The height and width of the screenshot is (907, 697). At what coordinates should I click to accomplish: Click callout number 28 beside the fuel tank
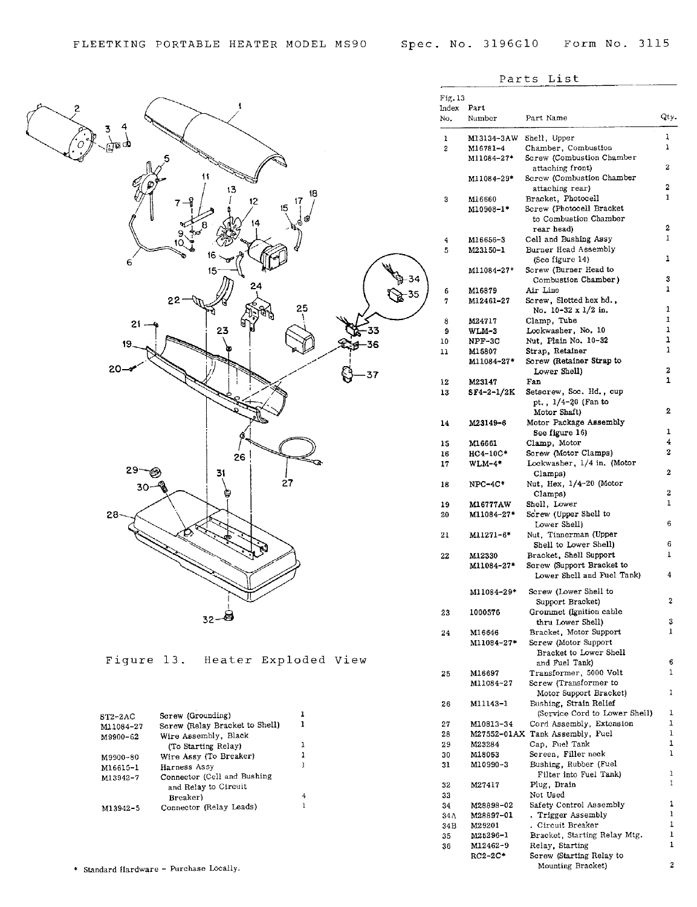click(112, 515)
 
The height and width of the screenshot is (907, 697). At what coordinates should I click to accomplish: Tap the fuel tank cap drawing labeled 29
click(155, 472)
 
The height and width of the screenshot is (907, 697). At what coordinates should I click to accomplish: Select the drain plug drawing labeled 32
click(228, 615)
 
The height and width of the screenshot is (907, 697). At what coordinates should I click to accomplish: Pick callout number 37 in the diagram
click(372, 375)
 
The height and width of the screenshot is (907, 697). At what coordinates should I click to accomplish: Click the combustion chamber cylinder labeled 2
click(60, 133)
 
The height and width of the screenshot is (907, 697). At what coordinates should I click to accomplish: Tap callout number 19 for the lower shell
click(127, 344)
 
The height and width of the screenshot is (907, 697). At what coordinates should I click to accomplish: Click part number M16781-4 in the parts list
click(486, 148)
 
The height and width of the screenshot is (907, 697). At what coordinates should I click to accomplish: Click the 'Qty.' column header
click(668, 117)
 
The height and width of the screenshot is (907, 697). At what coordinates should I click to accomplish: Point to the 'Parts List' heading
click(539, 79)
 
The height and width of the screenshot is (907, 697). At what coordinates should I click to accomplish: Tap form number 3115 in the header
click(653, 44)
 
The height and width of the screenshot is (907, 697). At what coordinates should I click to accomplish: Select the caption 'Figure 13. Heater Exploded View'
click(236, 660)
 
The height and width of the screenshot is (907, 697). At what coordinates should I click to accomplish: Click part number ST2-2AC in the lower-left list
click(117, 716)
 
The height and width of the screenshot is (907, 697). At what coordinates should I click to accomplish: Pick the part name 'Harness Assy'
click(187, 767)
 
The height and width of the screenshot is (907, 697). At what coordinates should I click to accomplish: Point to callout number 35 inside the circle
click(413, 294)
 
